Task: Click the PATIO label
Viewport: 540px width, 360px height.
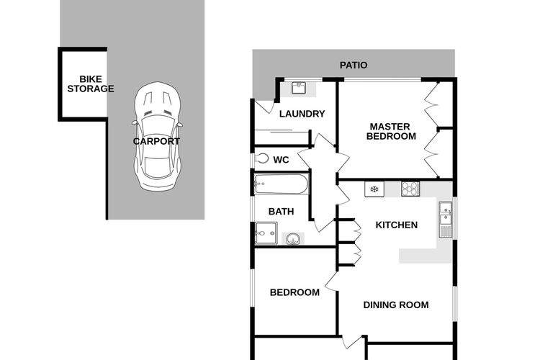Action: pyautogui.click(x=354, y=65)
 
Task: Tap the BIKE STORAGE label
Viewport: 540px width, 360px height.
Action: pyautogui.click(x=91, y=84)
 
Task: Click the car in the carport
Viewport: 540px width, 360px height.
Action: pyautogui.click(x=158, y=136)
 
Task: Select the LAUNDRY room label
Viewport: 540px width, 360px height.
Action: pyautogui.click(x=302, y=114)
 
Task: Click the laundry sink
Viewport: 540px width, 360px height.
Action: pyautogui.click(x=299, y=88)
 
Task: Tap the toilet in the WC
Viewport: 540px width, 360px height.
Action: pyautogui.click(x=262, y=159)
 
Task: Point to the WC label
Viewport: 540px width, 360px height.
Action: pyautogui.click(x=281, y=160)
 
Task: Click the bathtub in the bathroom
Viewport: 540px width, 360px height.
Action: pyautogui.click(x=282, y=184)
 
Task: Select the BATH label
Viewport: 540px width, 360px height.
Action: pyautogui.click(x=281, y=211)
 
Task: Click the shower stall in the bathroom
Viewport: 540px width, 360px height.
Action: pyautogui.click(x=266, y=233)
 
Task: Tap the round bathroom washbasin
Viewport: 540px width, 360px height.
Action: pyautogui.click(x=293, y=239)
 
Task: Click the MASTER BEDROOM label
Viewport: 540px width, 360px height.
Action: pyautogui.click(x=391, y=131)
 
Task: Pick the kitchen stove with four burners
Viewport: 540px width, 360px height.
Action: pyautogui.click(x=410, y=189)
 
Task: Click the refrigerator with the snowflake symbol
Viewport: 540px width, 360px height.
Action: pyautogui.click(x=374, y=189)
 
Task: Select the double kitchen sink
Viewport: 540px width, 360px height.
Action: pyautogui.click(x=446, y=220)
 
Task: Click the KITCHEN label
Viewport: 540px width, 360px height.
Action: pyautogui.click(x=397, y=225)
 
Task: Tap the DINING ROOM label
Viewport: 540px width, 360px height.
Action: pyautogui.click(x=396, y=305)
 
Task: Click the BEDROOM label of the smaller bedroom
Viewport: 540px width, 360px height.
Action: pyautogui.click(x=294, y=292)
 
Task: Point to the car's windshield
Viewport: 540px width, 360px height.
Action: pyautogui.click(x=158, y=125)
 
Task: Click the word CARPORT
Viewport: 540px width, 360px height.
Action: pyautogui.click(x=156, y=141)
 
